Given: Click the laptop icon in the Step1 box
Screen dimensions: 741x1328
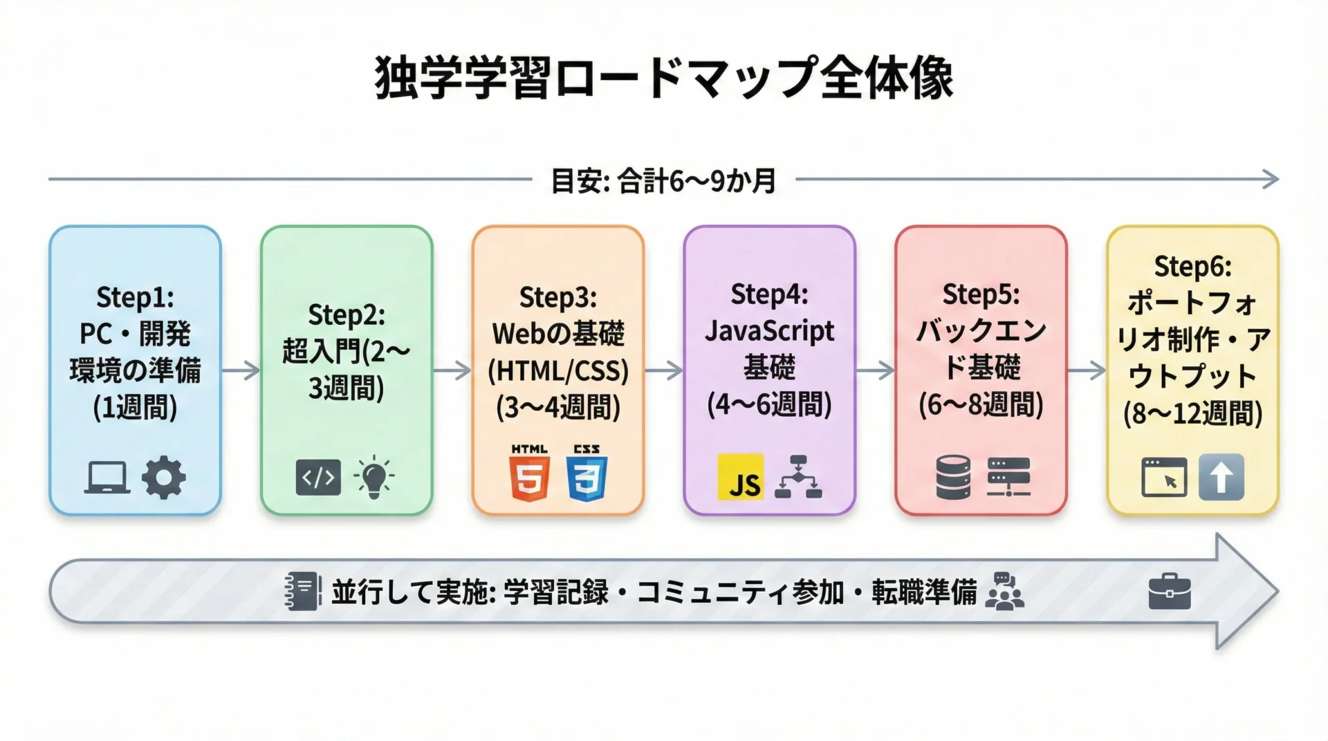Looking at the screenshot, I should point(107,477).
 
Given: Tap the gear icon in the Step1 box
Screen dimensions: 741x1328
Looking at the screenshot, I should point(163,477).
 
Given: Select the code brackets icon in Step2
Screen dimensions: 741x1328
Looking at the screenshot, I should point(318,477).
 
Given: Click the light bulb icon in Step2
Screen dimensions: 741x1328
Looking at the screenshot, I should point(373,477).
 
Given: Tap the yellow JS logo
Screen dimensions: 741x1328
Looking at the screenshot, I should point(740,477).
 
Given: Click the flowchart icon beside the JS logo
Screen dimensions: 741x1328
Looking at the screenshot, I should point(798,477).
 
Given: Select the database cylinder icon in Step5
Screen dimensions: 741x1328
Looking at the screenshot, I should point(953,477).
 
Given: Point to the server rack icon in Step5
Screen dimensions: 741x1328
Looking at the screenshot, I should point(1009,477).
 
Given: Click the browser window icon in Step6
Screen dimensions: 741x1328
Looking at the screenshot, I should point(1164,477).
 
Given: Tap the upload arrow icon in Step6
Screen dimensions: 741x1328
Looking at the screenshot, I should point(1221,477).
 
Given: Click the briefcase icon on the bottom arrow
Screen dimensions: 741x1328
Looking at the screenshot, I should point(1170,592).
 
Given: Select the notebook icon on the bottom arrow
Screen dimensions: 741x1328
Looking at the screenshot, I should point(303,592).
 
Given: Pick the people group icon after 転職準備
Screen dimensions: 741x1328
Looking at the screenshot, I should point(1005,592).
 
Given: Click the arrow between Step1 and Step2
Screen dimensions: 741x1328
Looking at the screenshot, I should point(241,370).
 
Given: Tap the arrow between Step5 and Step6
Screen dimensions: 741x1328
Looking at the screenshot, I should point(1087,370).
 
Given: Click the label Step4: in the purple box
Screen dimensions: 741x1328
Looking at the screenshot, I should point(769,295).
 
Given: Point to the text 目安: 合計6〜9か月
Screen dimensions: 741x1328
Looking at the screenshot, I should point(663,181).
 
